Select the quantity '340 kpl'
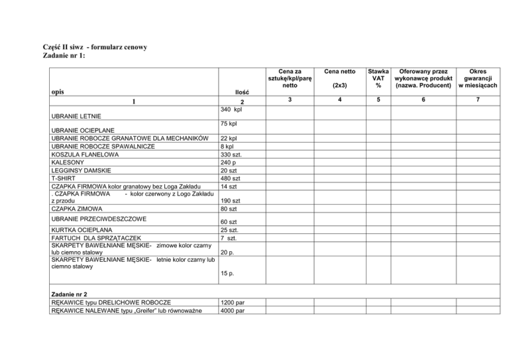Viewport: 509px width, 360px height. click(x=231, y=109)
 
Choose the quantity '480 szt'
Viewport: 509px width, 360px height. click(x=231, y=179)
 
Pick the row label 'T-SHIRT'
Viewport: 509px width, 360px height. click(x=64, y=179)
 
